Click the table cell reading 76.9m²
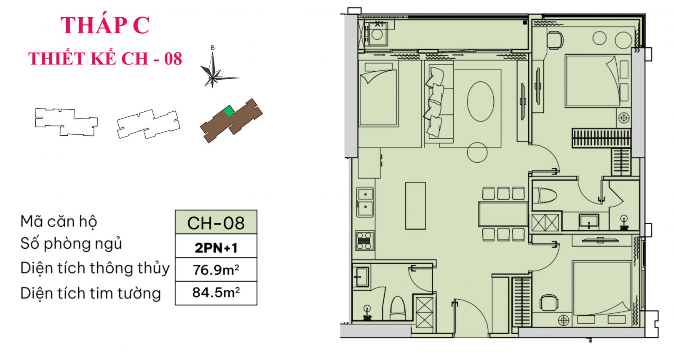point(216,269)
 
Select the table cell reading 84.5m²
point(216,293)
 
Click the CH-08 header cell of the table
point(216,223)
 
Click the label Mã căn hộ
point(59,222)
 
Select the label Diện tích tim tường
point(91,293)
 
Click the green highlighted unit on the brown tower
point(229,111)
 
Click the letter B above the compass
point(213,48)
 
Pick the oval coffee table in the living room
point(480,102)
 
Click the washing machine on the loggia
point(377,34)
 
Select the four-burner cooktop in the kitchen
point(365,241)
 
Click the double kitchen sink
point(365,202)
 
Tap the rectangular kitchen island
point(415,206)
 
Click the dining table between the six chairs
point(503,214)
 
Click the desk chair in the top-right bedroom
point(555,40)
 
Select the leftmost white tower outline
point(66,122)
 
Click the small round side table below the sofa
point(477,152)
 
